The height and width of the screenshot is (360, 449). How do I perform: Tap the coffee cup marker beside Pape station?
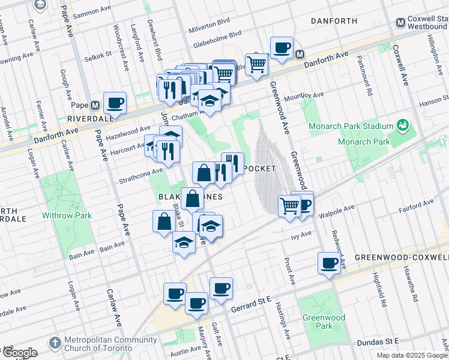(115, 103)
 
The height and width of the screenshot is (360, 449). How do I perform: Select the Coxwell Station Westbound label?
(427, 23)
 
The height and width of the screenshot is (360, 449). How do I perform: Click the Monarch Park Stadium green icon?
(403, 126)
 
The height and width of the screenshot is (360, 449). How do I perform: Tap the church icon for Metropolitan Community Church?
(55, 344)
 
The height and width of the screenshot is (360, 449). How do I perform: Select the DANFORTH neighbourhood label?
(334, 21)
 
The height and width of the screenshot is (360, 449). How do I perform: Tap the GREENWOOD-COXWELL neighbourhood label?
(401, 257)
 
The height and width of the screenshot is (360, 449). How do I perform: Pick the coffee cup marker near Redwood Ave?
(330, 263)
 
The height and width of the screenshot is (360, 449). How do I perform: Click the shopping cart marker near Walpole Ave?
(290, 205)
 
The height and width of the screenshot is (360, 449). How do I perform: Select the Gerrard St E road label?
(252, 308)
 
